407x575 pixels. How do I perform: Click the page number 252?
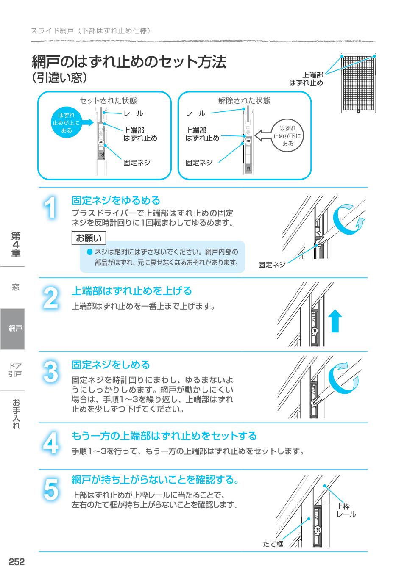(x=17, y=561)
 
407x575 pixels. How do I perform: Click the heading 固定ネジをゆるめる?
(x=116, y=200)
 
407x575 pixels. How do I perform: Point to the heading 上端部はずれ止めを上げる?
(x=131, y=291)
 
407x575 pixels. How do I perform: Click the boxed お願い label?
(x=88, y=238)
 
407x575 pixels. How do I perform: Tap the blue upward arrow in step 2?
(x=335, y=321)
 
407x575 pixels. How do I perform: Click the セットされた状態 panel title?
(x=108, y=100)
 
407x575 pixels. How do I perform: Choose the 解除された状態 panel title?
(x=244, y=100)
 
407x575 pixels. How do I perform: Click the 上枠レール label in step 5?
(x=346, y=511)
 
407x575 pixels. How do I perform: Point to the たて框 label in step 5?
(x=273, y=544)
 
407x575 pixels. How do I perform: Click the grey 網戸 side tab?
(x=13, y=329)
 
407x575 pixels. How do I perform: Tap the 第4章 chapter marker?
(x=16, y=244)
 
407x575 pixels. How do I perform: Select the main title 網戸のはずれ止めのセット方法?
(x=129, y=62)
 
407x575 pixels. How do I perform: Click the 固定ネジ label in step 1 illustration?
(x=272, y=265)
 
